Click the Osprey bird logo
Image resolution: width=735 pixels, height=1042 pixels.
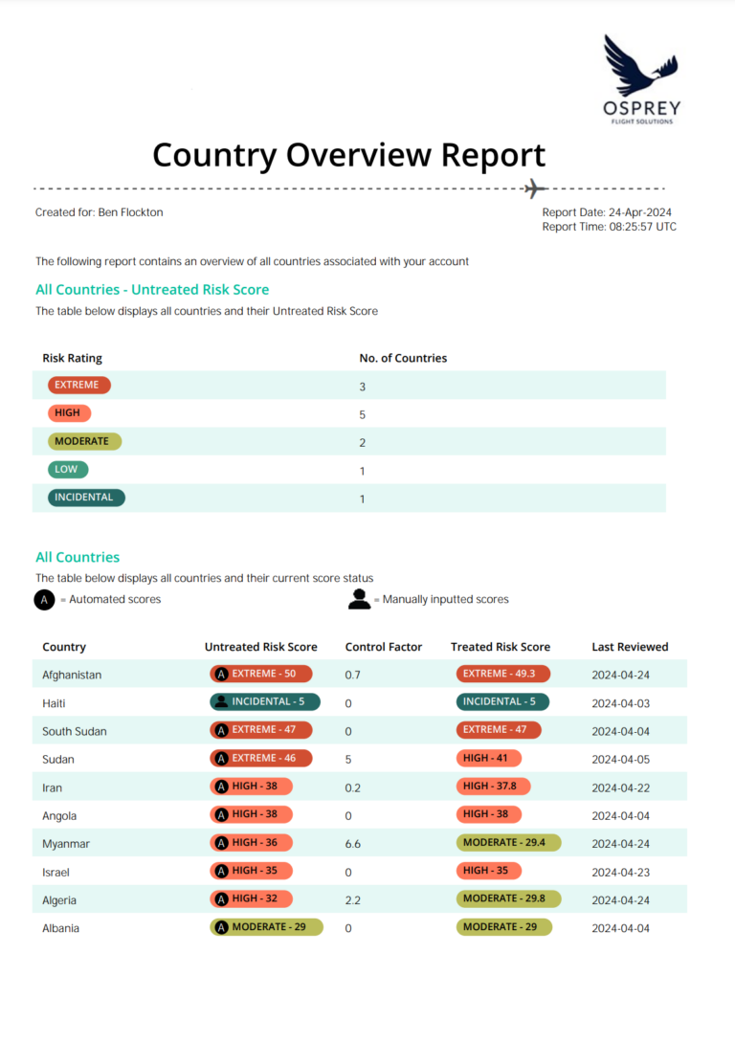(640, 65)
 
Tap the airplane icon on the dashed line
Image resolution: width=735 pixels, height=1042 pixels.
(535, 189)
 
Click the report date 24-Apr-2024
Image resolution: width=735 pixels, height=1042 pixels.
(640, 212)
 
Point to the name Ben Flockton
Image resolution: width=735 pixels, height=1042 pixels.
(130, 212)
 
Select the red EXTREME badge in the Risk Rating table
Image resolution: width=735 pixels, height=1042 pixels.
(79, 385)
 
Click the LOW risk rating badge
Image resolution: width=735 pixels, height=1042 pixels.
(68, 469)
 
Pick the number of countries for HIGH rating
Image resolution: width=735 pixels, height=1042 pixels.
(362, 414)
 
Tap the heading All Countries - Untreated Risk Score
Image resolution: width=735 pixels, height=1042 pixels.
(152, 290)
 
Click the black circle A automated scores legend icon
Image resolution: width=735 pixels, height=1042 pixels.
(45, 599)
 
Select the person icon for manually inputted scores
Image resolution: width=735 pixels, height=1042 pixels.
(359, 599)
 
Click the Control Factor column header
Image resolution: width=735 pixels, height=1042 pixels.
(384, 647)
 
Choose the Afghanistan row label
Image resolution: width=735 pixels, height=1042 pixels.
(72, 676)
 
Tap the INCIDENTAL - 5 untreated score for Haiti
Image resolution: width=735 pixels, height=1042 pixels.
(265, 701)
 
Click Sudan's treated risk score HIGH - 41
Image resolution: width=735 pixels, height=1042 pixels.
(488, 758)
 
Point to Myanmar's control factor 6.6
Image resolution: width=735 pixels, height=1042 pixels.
(353, 844)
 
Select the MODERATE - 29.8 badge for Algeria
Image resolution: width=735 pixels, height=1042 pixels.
(508, 898)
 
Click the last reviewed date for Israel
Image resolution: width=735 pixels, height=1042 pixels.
(621, 873)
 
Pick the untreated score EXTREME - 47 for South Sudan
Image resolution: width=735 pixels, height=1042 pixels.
(260, 730)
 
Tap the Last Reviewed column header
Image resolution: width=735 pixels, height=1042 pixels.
(630, 647)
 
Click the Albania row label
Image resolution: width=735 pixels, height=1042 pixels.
(60, 928)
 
